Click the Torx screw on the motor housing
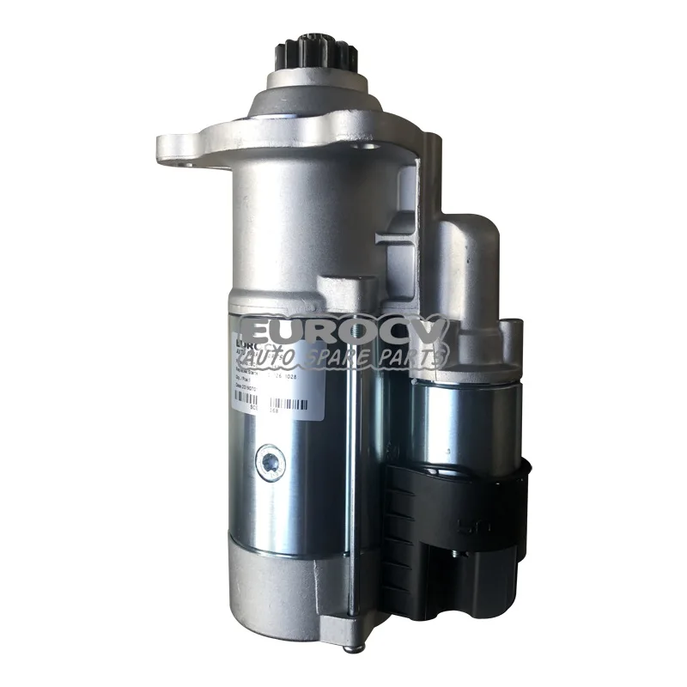[x=271, y=462]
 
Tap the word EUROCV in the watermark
[x=343, y=331]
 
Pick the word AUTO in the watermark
[x=279, y=353]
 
